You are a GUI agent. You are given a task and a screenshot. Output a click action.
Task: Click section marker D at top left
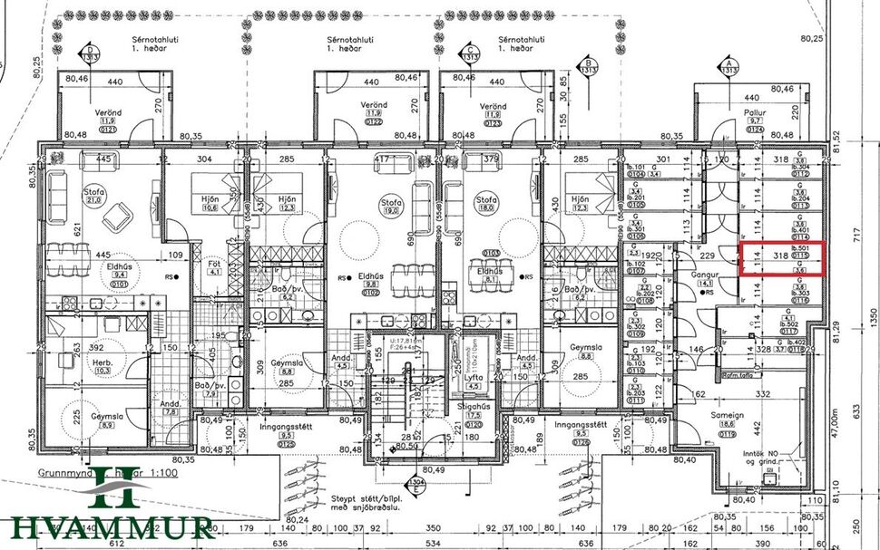pyautogui.click(x=90, y=53)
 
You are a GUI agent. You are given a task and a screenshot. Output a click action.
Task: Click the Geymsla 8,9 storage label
pyautogui.click(x=106, y=419)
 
